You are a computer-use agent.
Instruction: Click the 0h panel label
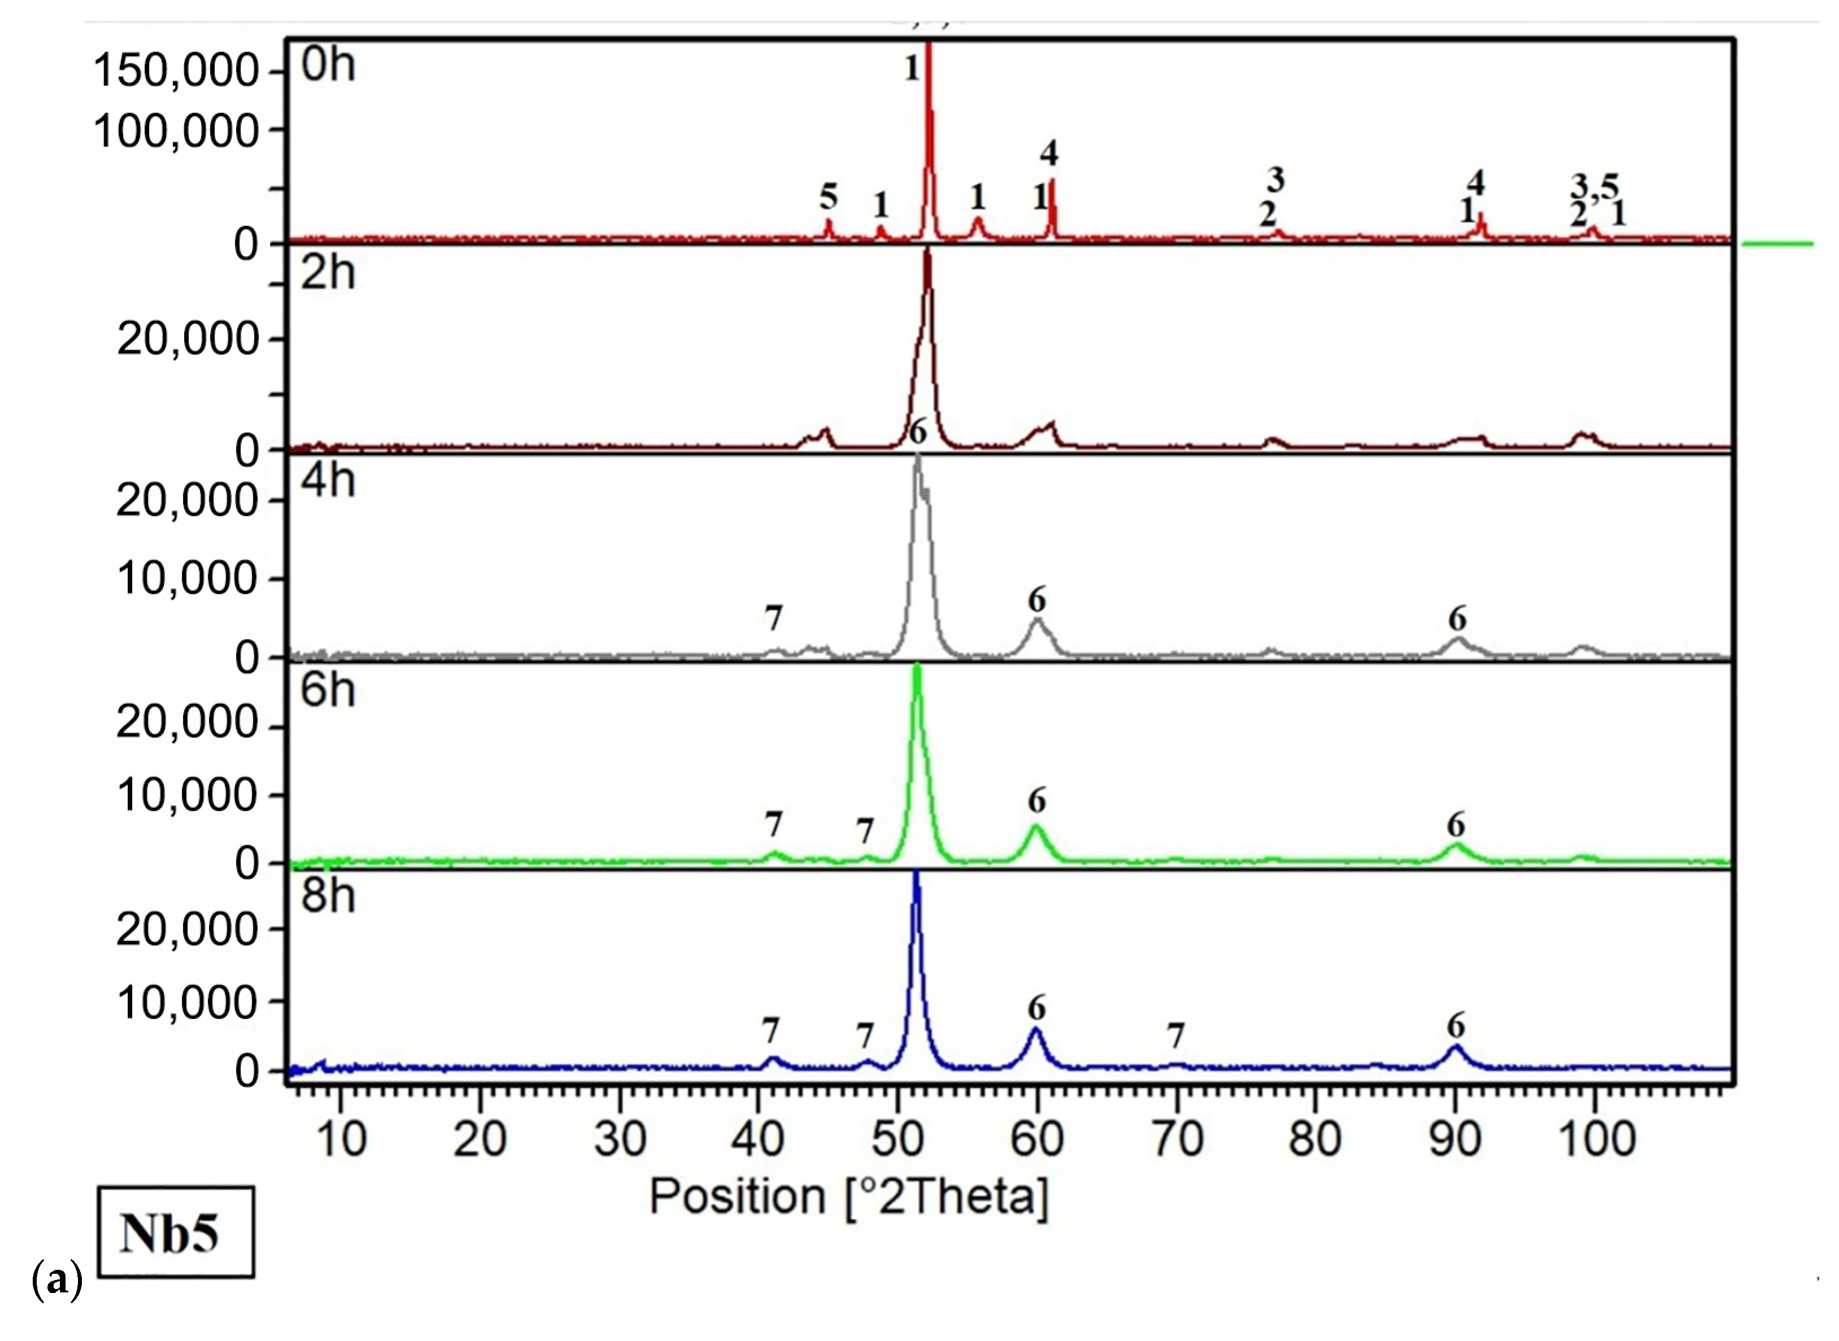point(328,64)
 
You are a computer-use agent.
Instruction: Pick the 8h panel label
point(328,896)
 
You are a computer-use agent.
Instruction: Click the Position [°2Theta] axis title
point(849,1196)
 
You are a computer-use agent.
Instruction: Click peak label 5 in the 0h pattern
point(828,197)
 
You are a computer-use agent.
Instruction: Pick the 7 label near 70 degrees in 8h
point(1176,1036)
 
